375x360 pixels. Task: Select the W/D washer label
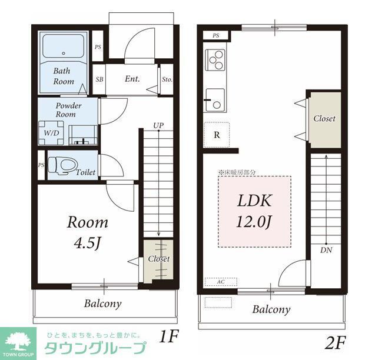52,133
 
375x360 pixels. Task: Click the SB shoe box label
99,79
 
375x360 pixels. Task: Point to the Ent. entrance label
132,78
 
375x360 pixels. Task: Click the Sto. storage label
167,79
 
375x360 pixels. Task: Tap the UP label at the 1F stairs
158,125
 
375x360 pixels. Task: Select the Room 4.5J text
87,232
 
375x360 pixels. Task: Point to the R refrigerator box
217,134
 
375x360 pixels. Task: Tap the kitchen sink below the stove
214,99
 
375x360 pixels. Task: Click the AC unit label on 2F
221,282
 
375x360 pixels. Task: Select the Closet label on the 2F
324,118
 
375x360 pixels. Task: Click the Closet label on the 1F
158,259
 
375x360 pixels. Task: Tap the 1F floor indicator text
168,337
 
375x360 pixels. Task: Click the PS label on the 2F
216,35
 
